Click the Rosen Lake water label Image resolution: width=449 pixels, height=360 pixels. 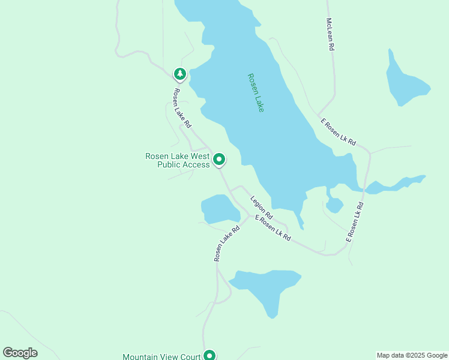tap(256, 92)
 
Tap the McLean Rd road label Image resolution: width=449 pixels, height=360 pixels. tap(330, 34)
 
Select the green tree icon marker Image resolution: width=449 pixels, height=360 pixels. tap(179, 74)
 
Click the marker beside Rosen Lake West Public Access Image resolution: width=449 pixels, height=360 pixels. tap(220, 160)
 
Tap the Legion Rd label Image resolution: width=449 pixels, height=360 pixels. tap(262, 207)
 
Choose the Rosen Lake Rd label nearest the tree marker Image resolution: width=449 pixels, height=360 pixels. tap(182, 108)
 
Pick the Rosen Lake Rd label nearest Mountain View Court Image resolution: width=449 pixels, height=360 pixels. tap(223, 243)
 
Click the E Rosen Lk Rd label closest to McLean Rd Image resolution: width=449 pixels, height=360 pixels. tap(338, 133)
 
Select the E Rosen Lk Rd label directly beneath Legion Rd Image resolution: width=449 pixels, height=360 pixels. tap(273, 228)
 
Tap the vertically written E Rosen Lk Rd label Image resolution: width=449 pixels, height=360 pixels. tap(355, 222)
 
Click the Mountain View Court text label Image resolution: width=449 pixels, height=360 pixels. tap(161, 356)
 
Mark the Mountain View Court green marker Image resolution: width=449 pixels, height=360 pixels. tap(209, 355)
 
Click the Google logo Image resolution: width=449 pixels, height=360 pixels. tap(20, 352)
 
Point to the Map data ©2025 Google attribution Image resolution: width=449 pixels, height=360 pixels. tap(412, 355)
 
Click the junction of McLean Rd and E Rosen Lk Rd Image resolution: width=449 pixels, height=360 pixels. tap(319, 114)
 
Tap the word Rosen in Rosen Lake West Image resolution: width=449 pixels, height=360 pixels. tap(158, 156)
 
